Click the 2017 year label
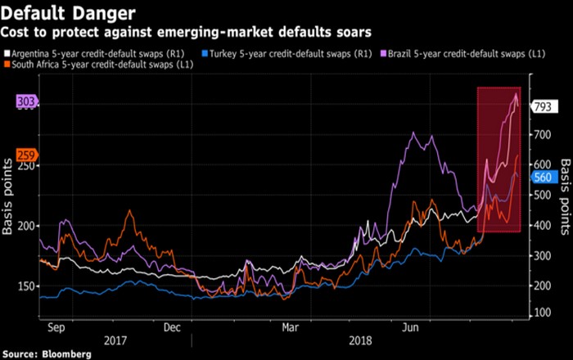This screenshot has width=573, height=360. [115, 339]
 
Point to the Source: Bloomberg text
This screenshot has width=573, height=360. [46, 353]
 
